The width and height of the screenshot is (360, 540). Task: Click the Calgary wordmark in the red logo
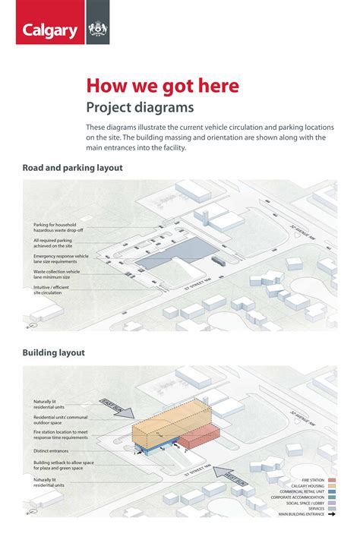(x=50, y=31)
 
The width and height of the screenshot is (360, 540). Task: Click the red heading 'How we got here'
(x=162, y=86)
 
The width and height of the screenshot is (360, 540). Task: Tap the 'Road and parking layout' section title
(x=72, y=168)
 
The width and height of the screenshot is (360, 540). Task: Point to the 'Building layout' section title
(x=53, y=352)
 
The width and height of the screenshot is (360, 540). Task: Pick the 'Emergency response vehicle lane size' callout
(x=61, y=259)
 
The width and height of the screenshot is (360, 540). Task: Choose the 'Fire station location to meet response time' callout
(x=62, y=435)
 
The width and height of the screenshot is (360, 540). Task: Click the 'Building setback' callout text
(x=63, y=464)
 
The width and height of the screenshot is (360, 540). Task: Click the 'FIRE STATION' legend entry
(x=313, y=481)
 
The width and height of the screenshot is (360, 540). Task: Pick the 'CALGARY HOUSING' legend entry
(x=308, y=487)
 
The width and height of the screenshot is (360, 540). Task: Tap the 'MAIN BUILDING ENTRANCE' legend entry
(x=302, y=514)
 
